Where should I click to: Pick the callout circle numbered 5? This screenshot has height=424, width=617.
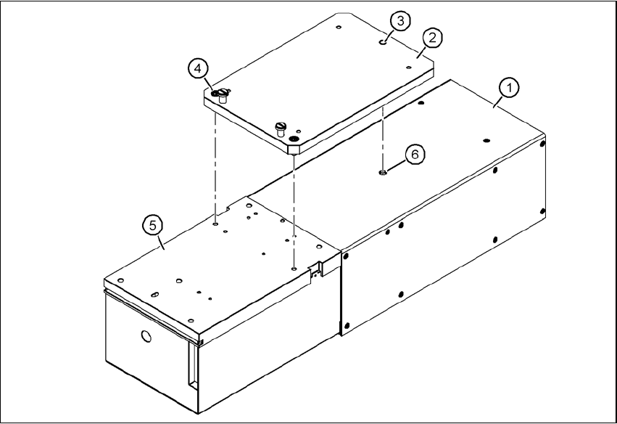(x=152, y=226)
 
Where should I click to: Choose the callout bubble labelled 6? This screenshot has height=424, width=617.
(x=414, y=154)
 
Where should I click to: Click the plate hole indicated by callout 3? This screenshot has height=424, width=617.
(x=382, y=43)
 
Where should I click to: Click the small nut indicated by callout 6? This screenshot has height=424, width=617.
(x=382, y=173)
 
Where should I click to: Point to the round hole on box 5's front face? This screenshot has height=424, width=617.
(x=146, y=336)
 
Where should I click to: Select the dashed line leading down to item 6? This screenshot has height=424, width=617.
(x=382, y=138)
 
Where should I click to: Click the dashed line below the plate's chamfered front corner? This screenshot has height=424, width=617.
(x=294, y=211)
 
